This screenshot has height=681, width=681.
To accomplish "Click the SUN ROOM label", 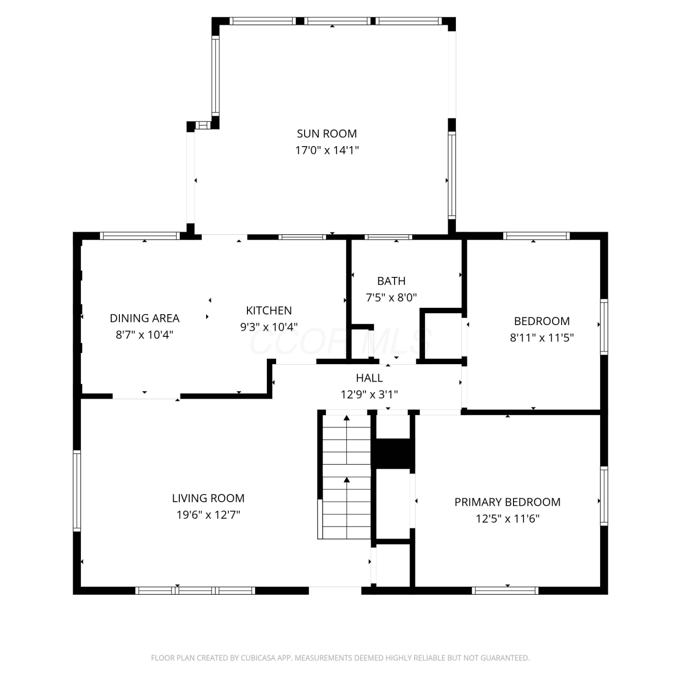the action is pos(327,134).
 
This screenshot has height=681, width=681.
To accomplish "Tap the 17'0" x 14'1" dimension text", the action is pos(327,150).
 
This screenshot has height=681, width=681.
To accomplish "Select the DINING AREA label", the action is pos(145,318).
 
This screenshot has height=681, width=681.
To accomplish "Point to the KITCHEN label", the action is pos(269,311).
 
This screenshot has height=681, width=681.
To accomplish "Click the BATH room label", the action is pos(391,281).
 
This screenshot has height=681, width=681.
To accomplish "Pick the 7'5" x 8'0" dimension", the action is pos(391,297).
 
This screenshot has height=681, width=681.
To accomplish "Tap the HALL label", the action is pos(369,378).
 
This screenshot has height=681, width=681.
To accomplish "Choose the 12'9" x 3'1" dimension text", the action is pos(369,395).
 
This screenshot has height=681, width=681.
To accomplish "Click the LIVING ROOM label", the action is pos(208,498).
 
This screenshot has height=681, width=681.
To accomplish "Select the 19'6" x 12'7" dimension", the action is pos(208,515).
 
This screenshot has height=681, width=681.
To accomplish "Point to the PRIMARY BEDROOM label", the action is pos(508,502).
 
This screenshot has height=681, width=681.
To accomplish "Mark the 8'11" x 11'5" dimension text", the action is pos(542,338).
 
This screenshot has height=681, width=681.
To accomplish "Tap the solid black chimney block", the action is pos(394,453).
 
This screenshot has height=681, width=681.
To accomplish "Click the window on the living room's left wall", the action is pos(77,491).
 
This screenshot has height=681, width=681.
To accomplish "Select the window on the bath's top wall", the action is pos(388,237).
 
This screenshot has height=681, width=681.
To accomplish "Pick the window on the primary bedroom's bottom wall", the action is pos(505,591).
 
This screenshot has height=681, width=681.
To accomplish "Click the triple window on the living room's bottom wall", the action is pos(195,591).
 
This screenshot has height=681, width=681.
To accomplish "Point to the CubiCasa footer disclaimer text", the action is pos(340,658).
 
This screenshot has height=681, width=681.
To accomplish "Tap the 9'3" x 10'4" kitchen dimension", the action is pos(269,327).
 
